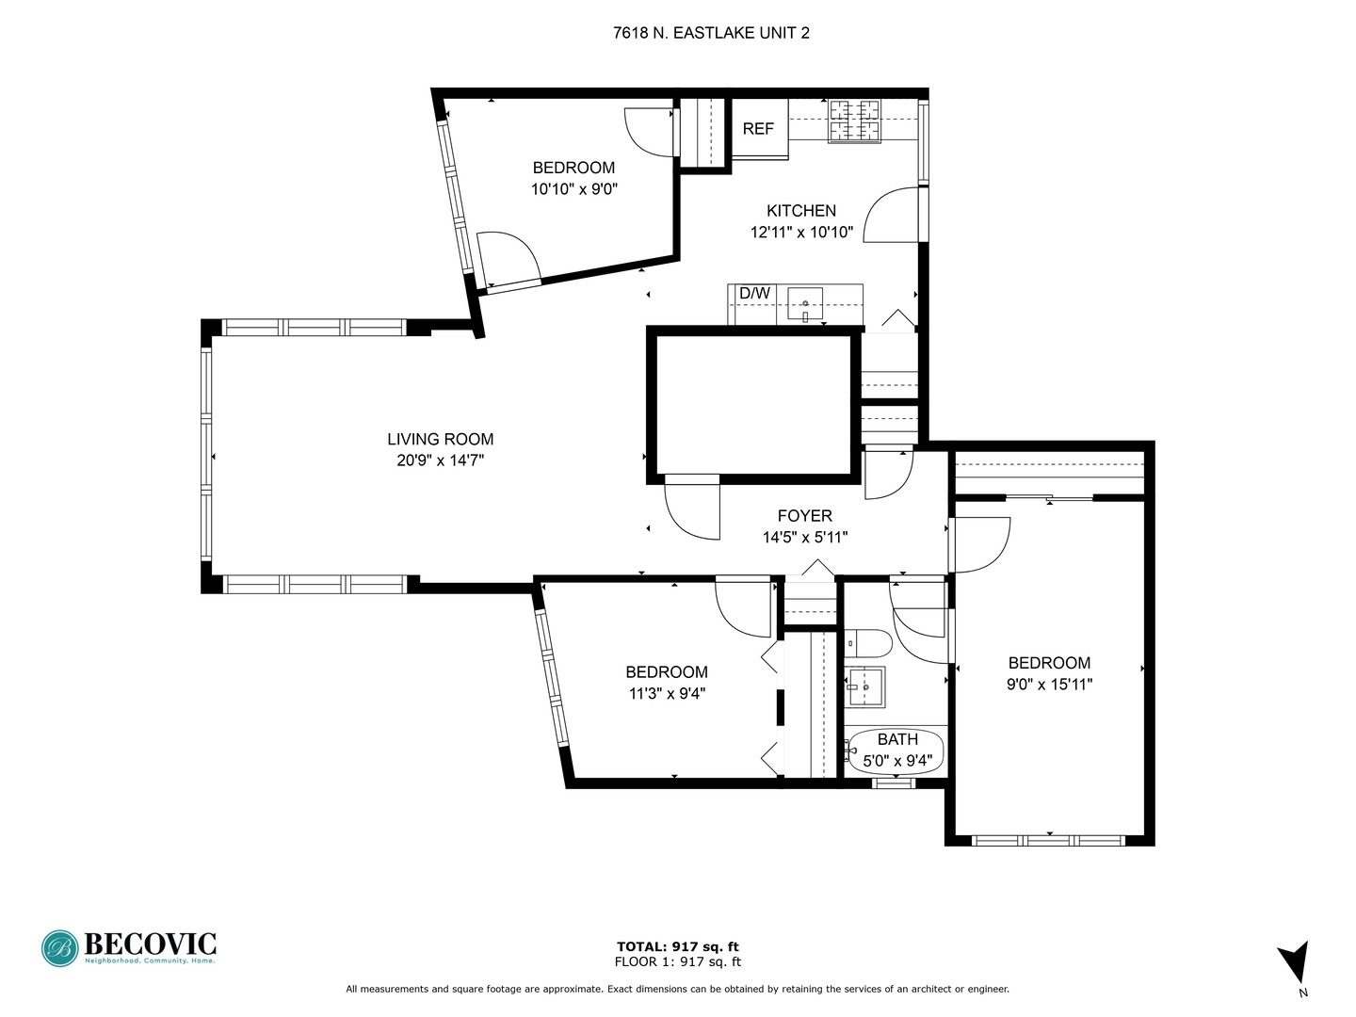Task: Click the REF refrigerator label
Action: (x=757, y=128)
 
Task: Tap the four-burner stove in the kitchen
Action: (x=854, y=121)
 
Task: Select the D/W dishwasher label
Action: (x=754, y=293)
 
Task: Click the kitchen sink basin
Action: (x=805, y=303)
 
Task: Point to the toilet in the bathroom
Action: (x=868, y=643)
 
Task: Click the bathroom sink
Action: (x=864, y=686)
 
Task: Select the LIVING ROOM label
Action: (x=441, y=439)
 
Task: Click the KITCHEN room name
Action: (x=801, y=211)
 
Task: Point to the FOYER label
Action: (x=804, y=516)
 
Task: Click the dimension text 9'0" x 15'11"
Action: (x=1050, y=685)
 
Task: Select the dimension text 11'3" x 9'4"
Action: (x=668, y=693)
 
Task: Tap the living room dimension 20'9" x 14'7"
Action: (x=441, y=460)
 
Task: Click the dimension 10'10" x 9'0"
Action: (x=574, y=189)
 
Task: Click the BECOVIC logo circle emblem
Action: (x=60, y=948)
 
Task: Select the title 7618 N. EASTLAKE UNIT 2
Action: (x=711, y=33)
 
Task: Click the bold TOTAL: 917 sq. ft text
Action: (x=678, y=946)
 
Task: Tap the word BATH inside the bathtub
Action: (x=897, y=739)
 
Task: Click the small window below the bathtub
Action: (x=894, y=783)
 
